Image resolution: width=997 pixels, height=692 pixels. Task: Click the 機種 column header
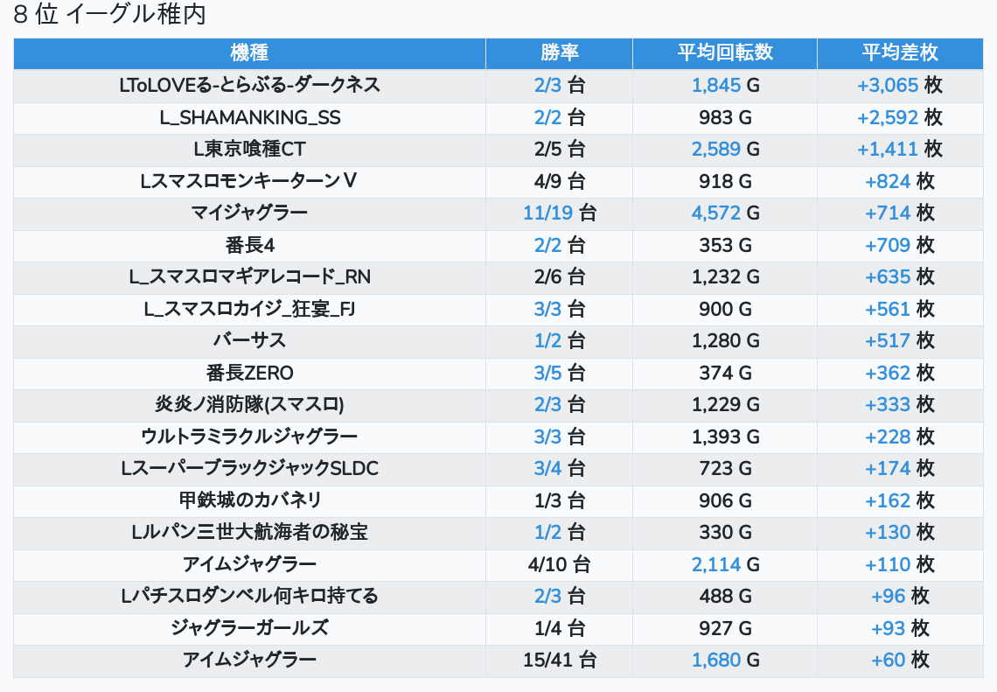point(249,52)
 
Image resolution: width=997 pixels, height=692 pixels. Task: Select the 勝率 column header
point(559,52)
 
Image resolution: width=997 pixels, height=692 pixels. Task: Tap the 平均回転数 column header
point(725,52)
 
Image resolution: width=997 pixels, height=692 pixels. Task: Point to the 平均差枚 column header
point(900,52)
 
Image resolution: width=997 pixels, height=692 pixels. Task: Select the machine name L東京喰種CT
point(249,149)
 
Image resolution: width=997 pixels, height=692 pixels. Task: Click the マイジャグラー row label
point(249,213)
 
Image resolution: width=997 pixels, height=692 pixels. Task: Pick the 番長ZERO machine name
point(249,373)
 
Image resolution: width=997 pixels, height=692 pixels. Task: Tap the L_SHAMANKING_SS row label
point(249,117)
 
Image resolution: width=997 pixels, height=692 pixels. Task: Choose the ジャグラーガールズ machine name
point(249,628)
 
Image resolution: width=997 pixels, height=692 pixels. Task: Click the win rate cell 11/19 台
point(560,213)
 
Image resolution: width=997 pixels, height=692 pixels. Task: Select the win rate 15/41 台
point(560,660)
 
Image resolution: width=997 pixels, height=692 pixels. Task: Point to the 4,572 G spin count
point(725,213)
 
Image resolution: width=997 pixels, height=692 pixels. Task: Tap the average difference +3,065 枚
point(900,85)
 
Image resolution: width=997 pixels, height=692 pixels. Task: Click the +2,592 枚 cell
point(900,117)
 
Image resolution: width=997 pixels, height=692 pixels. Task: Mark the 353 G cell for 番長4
point(725,245)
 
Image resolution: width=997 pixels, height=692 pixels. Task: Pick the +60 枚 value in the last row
point(900,660)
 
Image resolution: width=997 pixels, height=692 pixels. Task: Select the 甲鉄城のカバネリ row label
point(249,500)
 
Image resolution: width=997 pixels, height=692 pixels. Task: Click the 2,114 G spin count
point(725,564)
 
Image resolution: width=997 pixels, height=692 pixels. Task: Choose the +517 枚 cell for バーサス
point(900,340)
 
